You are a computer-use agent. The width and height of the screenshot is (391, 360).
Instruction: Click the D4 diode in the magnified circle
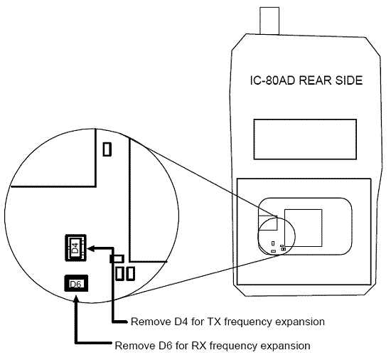[75, 248]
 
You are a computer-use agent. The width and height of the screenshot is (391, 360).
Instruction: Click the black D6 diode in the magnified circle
[75, 285]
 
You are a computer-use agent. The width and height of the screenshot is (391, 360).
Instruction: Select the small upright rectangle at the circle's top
[107, 149]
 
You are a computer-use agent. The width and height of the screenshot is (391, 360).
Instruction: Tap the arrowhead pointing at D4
[92, 248]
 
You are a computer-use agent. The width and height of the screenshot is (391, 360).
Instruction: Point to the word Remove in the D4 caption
[149, 322]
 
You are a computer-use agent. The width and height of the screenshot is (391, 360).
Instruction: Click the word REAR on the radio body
[320, 81]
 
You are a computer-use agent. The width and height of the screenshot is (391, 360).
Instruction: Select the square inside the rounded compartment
[302, 228]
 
